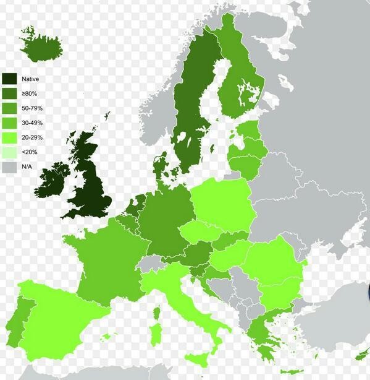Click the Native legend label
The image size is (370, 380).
(30, 79)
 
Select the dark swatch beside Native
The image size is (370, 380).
(9, 79)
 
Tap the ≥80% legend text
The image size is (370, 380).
(30, 93)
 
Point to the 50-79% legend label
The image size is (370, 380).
(32, 108)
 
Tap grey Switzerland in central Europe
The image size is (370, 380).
(149, 265)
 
